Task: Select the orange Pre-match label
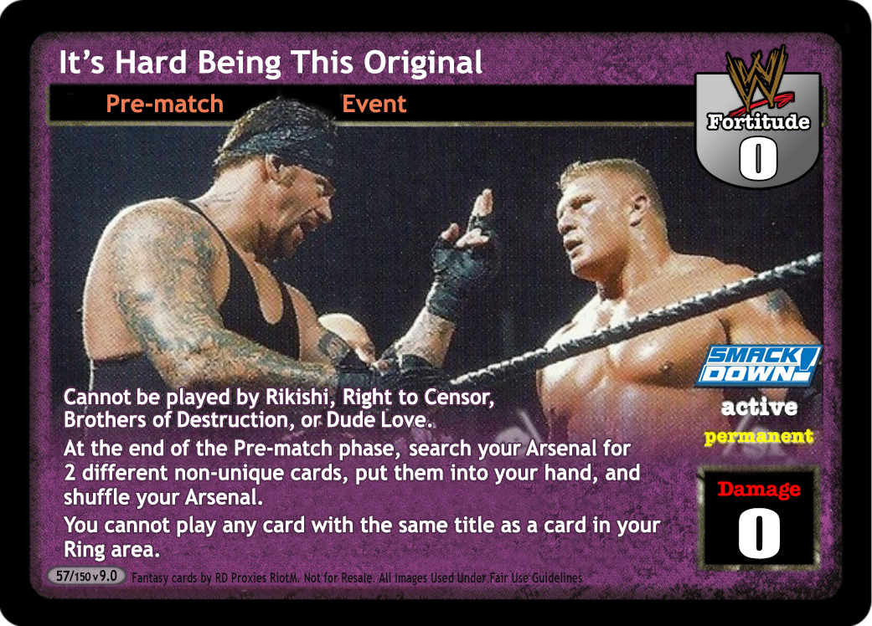point(165,104)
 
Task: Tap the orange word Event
point(374,104)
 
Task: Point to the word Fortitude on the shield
point(759,121)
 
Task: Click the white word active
point(759,407)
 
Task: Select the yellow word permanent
point(759,437)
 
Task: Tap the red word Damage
point(759,489)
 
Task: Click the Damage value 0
point(759,532)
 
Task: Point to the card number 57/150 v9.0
point(86,576)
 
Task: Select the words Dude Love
point(379,420)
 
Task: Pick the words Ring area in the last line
point(111,550)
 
